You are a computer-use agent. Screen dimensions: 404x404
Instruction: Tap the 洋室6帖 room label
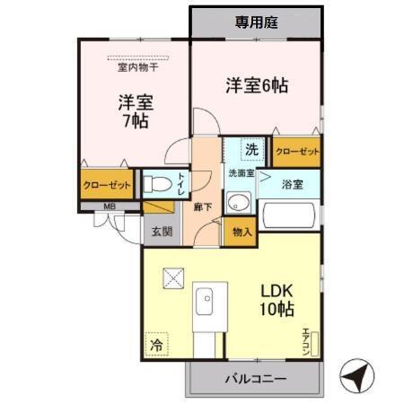tap(256, 86)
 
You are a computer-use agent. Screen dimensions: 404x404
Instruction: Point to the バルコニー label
tap(255, 379)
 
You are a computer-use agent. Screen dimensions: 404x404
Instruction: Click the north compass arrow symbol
tap(356, 375)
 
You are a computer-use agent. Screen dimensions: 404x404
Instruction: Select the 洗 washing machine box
tap(252, 149)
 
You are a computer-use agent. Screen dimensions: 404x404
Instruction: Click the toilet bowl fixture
tap(160, 187)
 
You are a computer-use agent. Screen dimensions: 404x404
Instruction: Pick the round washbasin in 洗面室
tap(238, 200)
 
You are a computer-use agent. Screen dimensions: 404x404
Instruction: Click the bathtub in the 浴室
tap(290, 215)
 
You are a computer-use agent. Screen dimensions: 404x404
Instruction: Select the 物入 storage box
tap(241, 231)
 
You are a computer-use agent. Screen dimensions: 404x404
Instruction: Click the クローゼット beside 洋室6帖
tap(297, 152)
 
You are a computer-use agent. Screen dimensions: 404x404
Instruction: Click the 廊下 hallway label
tap(203, 206)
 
